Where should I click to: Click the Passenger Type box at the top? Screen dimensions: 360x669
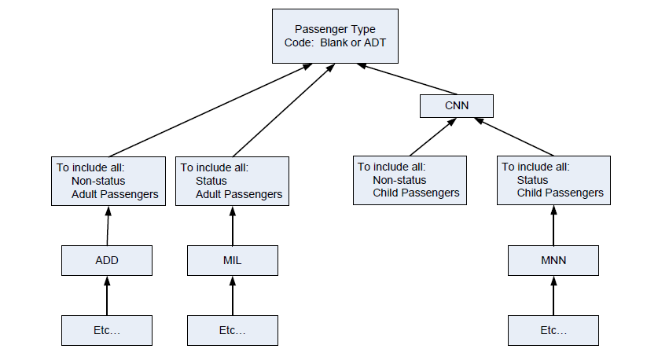[x=335, y=36]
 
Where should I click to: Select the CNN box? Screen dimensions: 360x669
[x=457, y=106]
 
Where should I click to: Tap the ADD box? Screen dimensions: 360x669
[x=107, y=260]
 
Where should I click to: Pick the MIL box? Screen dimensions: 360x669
[x=233, y=260]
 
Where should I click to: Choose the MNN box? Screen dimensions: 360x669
[x=553, y=260]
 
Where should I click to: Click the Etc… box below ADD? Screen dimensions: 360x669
[x=107, y=330]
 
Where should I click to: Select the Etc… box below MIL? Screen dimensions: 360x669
[x=233, y=330]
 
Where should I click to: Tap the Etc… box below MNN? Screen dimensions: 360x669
[x=553, y=330]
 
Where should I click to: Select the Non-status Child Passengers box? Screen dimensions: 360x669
[x=410, y=181]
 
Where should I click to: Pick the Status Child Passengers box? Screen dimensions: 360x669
[x=553, y=181]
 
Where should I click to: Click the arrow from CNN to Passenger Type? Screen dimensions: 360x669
[x=409, y=83]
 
